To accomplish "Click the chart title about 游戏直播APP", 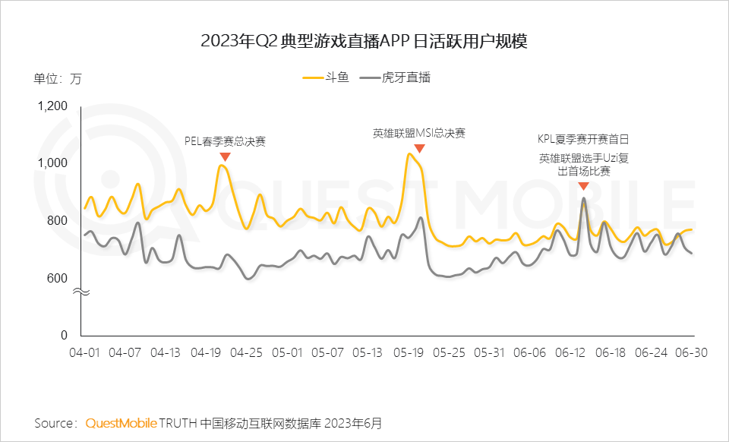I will (x=364, y=42).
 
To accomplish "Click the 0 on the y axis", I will (x=65, y=335).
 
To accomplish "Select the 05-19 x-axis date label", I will (x=410, y=353).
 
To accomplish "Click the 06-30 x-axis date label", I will (x=693, y=353).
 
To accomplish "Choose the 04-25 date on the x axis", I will (x=247, y=353).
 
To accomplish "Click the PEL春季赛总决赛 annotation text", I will (x=226, y=141).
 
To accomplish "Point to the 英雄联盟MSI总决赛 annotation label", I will (x=418, y=133).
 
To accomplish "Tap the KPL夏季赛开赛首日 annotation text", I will (x=583, y=140).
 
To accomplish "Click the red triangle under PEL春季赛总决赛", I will (x=225, y=156).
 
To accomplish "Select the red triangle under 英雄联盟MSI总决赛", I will (x=419, y=149).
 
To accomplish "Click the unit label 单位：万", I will (x=57, y=78).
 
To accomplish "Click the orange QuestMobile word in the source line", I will (x=121, y=422).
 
